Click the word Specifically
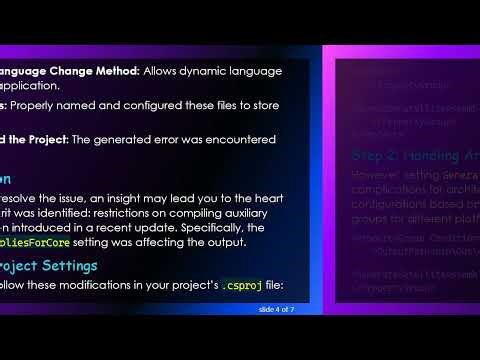(231, 227)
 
